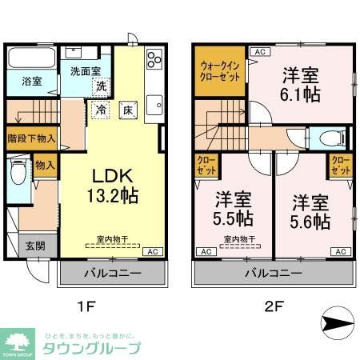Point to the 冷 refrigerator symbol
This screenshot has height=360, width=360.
(x=102, y=110)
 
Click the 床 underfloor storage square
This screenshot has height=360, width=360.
(x=126, y=110)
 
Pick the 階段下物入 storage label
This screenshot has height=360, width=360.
(x=31, y=137)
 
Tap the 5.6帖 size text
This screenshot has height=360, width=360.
(x=310, y=219)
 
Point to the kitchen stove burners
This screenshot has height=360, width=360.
(x=153, y=60)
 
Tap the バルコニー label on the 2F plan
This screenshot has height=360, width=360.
(x=271, y=273)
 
